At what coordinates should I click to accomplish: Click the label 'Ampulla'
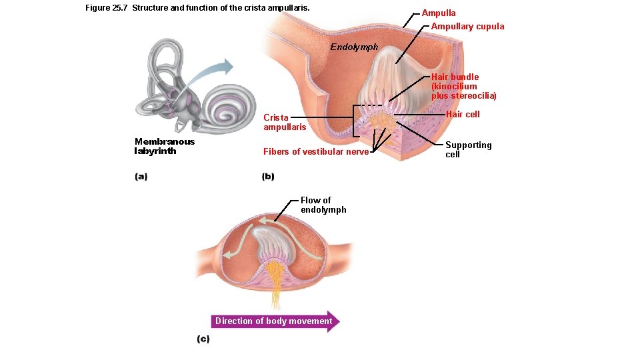pyautogui.click(x=439, y=13)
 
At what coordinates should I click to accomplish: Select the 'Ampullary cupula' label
pyautogui.click(x=467, y=26)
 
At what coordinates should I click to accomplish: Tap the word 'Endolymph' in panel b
pyautogui.click(x=354, y=47)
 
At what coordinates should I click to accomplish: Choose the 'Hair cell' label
pyautogui.click(x=463, y=114)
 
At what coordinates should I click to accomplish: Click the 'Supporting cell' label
pyautogui.click(x=468, y=149)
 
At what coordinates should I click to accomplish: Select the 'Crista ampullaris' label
pyautogui.click(x=285, y=122)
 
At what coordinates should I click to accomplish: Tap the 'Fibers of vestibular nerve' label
pyautogui.click(x=316, y=151)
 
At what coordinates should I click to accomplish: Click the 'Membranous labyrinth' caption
pyautogui.click(x=165, y=146)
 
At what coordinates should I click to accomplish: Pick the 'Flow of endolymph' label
pyautogui.click(x=323, y=205)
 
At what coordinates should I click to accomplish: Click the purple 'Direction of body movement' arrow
pyautogui.click(x=275, y=321)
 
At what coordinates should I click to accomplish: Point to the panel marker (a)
pyautogui.click(x=141, y=177)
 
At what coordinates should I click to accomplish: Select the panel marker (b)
pyautogui.click(x=268, y=177)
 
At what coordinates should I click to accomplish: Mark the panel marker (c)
pyautogui.click(x=203, y=339)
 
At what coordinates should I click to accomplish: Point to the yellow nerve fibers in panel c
pyautogui.click(x=273, y=273)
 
